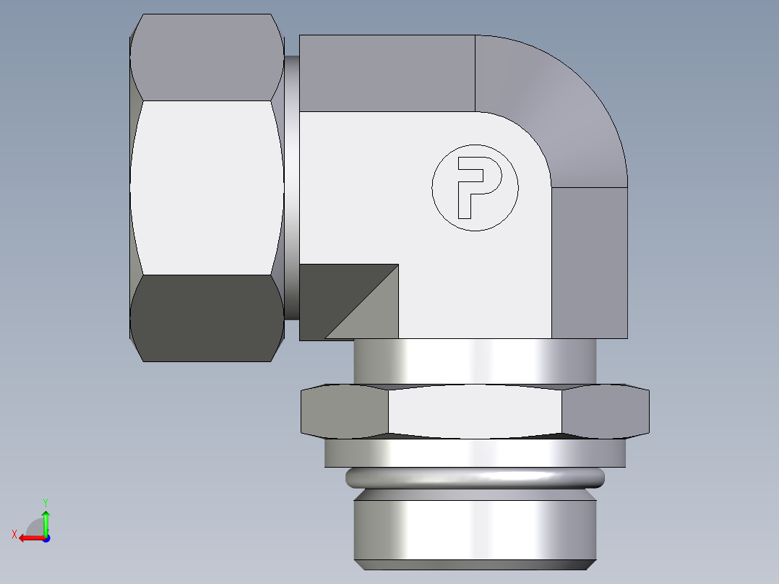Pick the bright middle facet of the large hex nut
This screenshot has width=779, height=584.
pos(206,188)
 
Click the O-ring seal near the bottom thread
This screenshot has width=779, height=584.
pos(475,477)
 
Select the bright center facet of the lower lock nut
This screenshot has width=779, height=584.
pos(475,411)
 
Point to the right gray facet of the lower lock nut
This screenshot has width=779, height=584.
pos(605,412)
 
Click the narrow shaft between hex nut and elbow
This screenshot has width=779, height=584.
pos(291,188)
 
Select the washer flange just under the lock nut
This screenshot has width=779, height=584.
pos(475,452)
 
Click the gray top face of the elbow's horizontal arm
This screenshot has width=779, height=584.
pos(387,72)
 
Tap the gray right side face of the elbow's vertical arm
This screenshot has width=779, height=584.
pos(589,260)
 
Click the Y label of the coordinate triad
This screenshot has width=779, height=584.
pos(45,501)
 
